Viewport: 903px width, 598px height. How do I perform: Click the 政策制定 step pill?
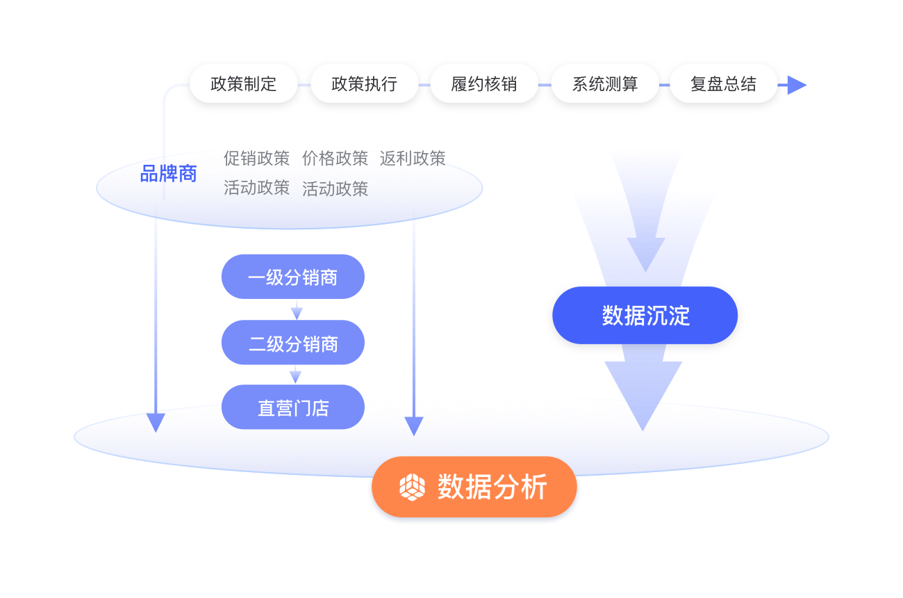(243, 84)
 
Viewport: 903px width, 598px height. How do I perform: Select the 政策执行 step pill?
(364, 84)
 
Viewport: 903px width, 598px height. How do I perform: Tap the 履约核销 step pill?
(484, 84)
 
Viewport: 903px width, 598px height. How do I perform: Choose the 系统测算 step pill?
(604, 84)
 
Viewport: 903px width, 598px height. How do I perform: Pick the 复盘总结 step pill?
(723, 84)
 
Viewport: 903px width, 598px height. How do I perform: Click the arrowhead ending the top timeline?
(796, 85)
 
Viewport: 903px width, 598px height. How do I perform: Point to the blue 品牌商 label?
(168, 174)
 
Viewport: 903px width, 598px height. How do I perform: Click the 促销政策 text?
(256, 159)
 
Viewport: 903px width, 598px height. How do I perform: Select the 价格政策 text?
(335, 159)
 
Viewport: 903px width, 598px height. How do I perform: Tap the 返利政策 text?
(413, 159)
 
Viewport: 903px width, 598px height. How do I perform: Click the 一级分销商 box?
(292, 277)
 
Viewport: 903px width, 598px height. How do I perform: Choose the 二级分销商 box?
(292, 343)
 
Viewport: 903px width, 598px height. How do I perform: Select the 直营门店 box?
(292, 407)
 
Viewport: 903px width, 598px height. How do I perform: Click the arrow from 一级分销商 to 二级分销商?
(297, 311)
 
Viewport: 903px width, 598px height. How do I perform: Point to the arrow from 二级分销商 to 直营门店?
(296, 375)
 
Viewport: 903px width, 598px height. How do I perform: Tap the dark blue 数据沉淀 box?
(645, 316)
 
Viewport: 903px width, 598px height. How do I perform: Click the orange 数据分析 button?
(474, 487)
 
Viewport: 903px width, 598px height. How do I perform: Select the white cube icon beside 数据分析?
(412, 487)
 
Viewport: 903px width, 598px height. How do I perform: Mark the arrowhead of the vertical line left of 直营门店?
(156, 422)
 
